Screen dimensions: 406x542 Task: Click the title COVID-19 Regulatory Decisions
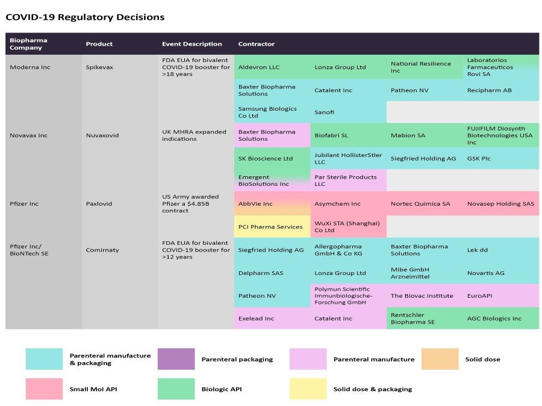pos(85,17)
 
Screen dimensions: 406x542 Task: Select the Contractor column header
pos(256,44)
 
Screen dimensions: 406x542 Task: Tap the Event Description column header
pos(192,44)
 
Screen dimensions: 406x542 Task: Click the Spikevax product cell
pos(102,67)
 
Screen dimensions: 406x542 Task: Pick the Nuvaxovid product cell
pos(102,135)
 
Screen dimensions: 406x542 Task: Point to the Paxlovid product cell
pos(99,204)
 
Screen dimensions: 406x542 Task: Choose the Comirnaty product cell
pos(102,250)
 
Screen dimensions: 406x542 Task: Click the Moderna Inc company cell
pos(30,67)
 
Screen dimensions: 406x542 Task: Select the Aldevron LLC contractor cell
pos(259,67)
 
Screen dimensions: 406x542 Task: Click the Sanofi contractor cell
pos(325,112)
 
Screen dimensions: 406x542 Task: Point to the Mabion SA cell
pos(407,135)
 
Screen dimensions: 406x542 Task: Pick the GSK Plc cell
pos(479,159)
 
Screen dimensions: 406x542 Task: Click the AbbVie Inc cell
pos(255,204)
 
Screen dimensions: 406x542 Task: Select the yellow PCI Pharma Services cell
pos(270,227)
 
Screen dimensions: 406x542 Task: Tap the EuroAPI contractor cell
pos(479,296)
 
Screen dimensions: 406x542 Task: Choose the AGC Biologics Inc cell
pos(494,318)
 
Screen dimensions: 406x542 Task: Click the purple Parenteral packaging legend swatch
pos(176,359)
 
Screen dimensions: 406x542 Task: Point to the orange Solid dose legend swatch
pos(440,359)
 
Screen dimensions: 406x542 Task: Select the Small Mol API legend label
pos(93,389)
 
